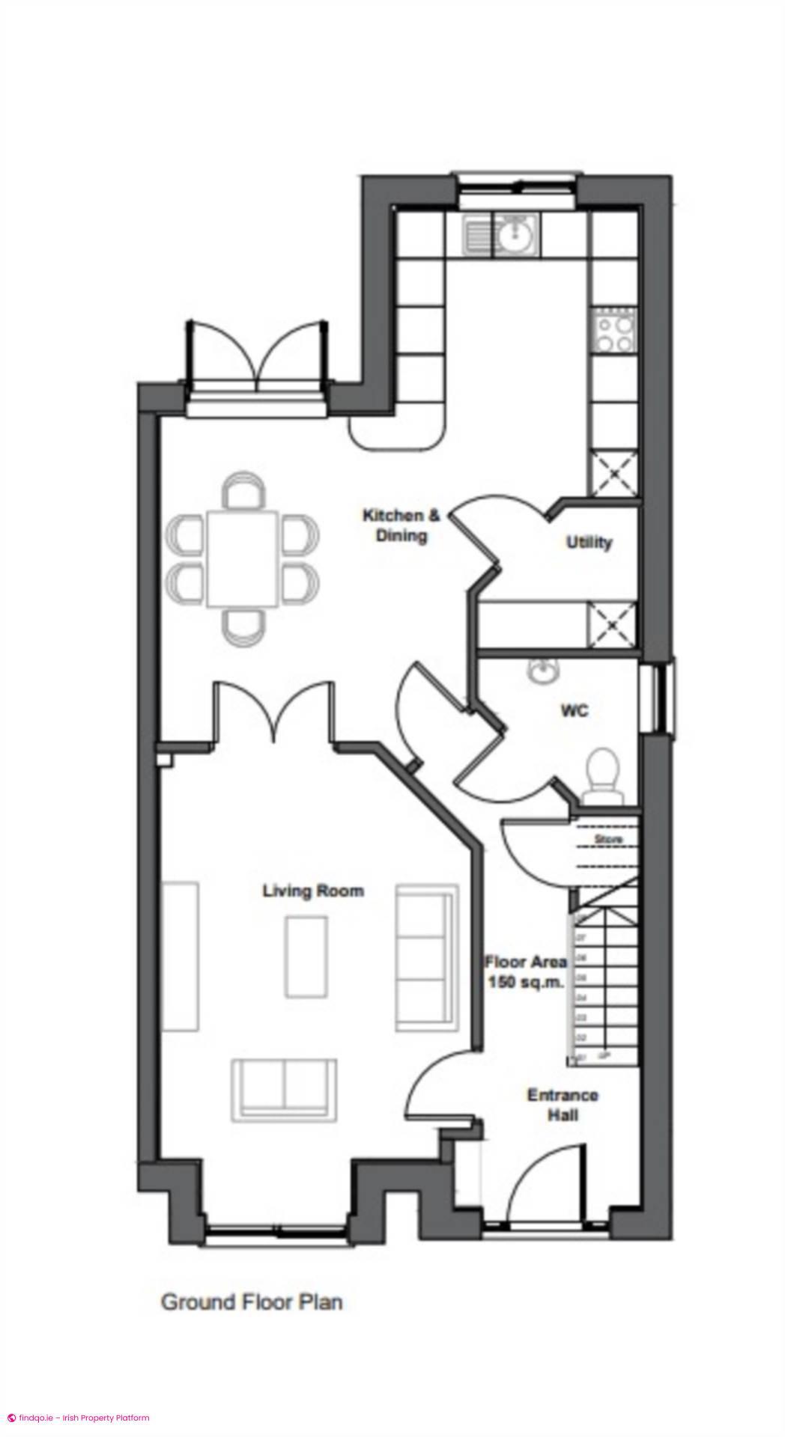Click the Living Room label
(313, 891)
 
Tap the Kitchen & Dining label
(401, 525)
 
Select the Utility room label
(589, 542)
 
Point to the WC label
(575, 710)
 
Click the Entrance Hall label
(563, 1105)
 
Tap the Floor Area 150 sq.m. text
(525, 971)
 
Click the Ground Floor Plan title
(252, 1302)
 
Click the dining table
(243, 558)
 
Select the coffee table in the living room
(306, 957)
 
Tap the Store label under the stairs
(608, 840)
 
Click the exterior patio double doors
(258, 353)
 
